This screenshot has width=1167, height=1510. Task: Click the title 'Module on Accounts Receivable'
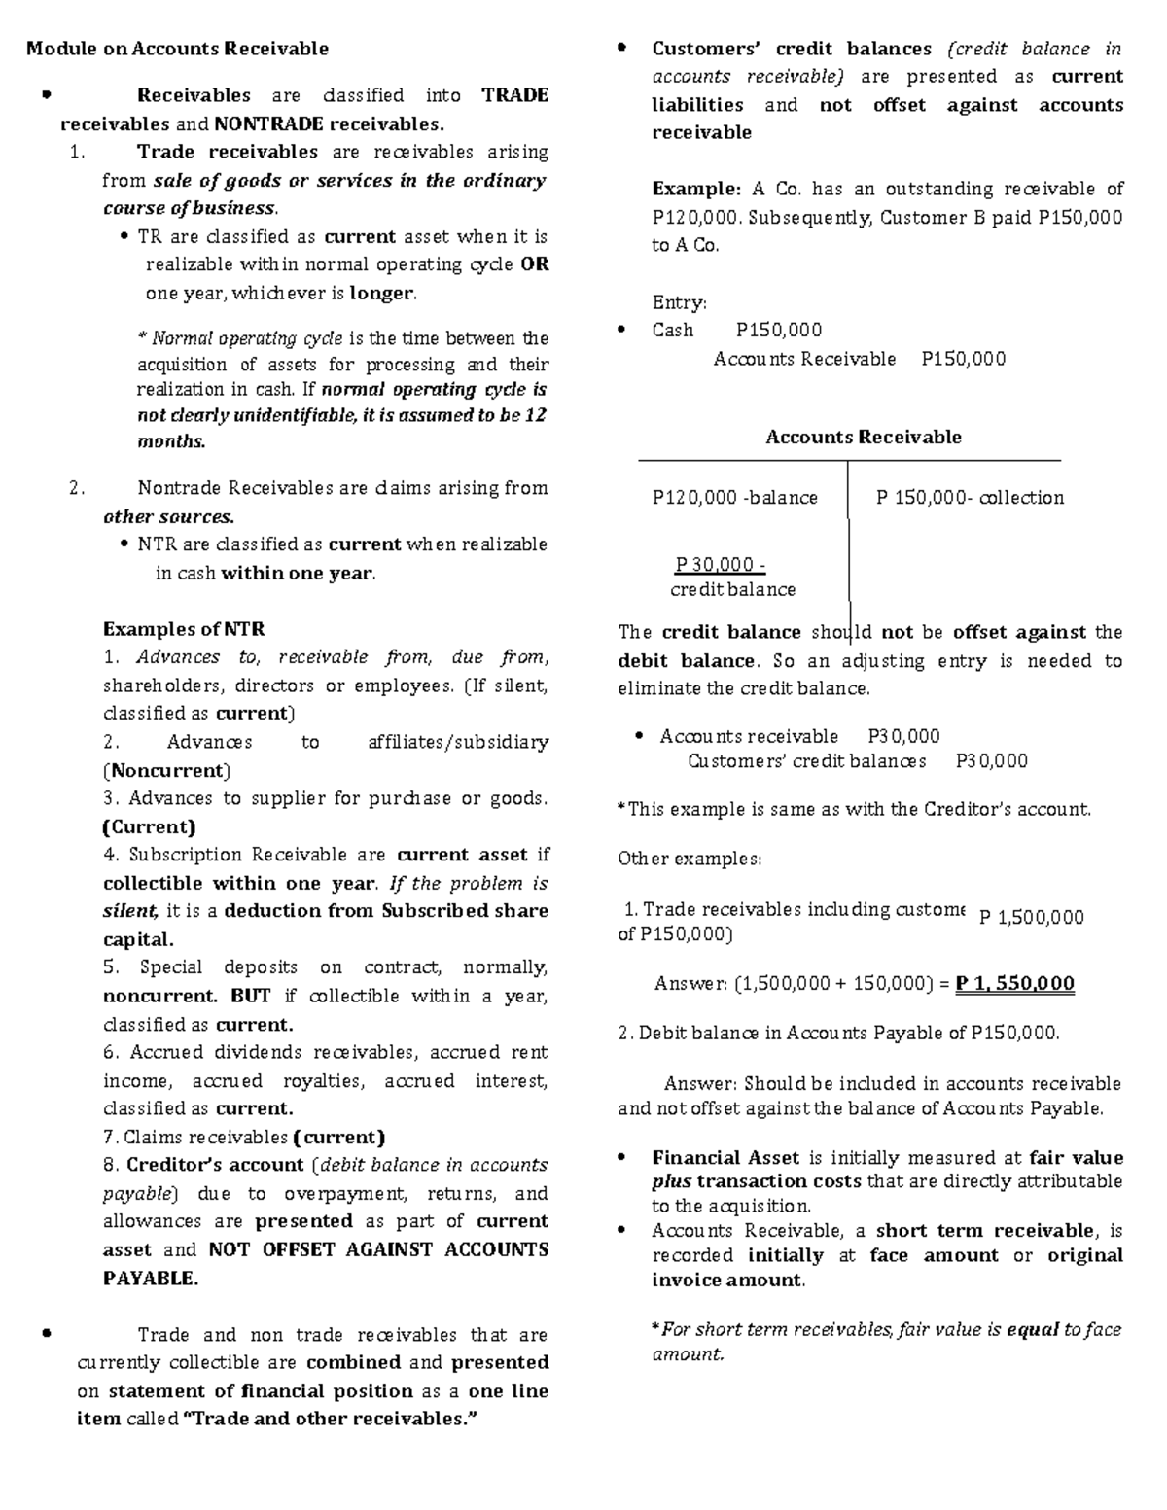pyautogui.click(x=177, y=49)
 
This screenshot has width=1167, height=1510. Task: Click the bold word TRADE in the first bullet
pyautogui.click(x=514, y=95)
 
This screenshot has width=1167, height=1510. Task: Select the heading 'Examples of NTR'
pyautogui.click(x=184, y=629)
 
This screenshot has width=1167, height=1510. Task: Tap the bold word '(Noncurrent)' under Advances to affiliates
pyautogui.click(x=166, y=771)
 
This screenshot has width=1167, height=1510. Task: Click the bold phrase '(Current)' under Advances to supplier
pyautogui.click(x=149, y=827)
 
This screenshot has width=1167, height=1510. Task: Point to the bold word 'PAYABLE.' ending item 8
pyautogui.click(x=150, y=1279)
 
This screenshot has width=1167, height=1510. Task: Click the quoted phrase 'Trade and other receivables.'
pyautogui.click(x=332, y=1419)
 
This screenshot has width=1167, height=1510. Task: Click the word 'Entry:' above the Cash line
pyautogui.click(x=680, y=303)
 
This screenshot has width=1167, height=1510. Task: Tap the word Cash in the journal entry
pyautogui.click(x=673, y=331)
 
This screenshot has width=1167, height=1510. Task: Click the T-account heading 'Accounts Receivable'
pyautogui.click(x=863, y=438)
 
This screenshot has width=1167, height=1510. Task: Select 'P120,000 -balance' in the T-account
pyautogui.click(x=734, y=498)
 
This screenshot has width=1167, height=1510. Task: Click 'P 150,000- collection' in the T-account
pyautogui.click(x=970, y=498)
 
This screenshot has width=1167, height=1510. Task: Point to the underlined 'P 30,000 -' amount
pyautogui.click(x=721, y=565)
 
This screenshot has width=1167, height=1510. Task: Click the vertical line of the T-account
pyautogui.click(x=849, y=544)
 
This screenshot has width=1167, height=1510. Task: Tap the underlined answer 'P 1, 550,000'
pyautogui.click(x=1015, y=983)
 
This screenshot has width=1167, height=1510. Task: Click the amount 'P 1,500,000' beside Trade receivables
pyautogui.click(x=1031, y=917)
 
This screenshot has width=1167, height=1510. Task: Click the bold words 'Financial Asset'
pyautogui.click(x=725, y=1158)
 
